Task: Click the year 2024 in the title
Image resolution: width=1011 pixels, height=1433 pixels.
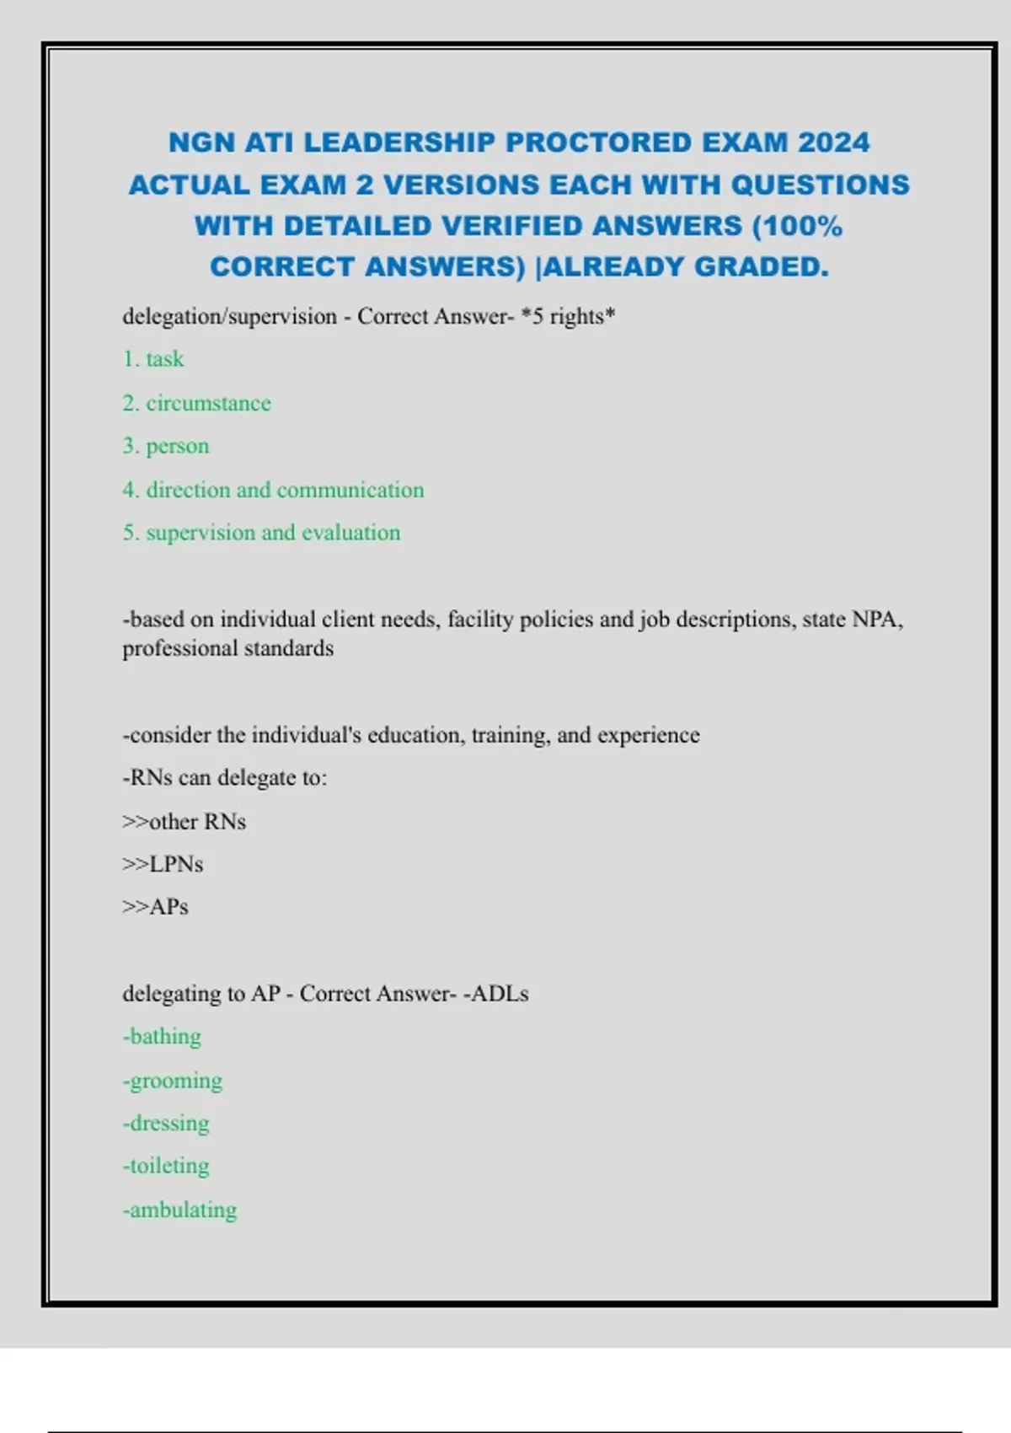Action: pos(833,142)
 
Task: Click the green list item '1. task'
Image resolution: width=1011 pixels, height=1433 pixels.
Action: pos(153,359)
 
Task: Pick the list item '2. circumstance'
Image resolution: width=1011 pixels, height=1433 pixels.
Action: pos(196,403)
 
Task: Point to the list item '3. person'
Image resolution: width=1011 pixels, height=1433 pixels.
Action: pos(166,446)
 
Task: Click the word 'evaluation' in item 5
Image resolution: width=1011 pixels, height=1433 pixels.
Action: pos(350,533)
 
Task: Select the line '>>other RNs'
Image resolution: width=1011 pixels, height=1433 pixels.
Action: pos(184,821)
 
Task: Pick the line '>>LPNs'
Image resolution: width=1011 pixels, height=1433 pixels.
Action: pos(163,864)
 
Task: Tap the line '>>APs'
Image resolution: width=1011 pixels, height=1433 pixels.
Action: pos(155,907)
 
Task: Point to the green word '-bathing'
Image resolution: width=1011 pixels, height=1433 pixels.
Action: pos(162,1036)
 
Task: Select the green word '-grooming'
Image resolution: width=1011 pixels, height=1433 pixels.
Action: pos(172,1080)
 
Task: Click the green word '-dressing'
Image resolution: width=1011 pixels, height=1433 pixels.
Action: pos(166,1123)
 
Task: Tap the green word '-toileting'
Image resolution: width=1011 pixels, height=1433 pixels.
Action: pos(166,1166)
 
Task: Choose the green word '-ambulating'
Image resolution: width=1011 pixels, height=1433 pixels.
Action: pos(179,1210)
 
